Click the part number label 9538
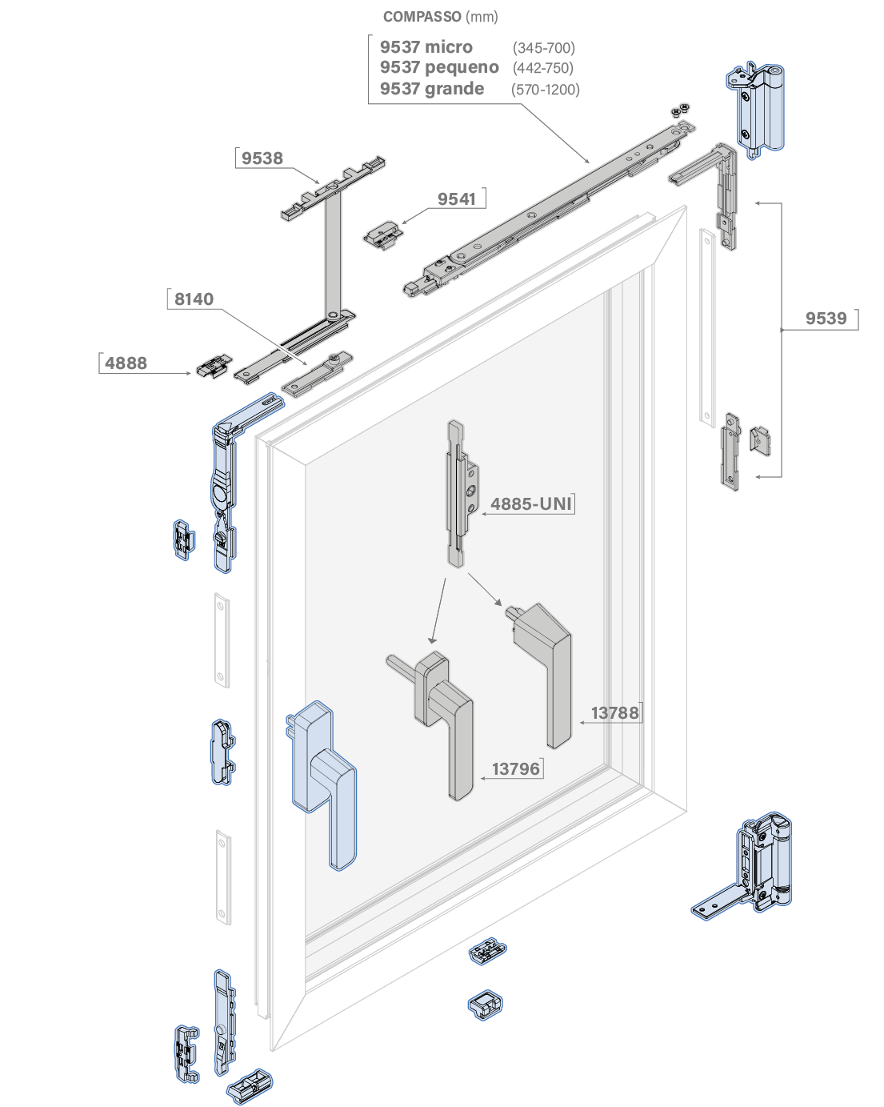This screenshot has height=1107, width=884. [262, 158]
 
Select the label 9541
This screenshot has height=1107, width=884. [457, 199]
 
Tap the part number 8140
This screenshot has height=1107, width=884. [194, 299]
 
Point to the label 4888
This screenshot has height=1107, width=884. [126, 363]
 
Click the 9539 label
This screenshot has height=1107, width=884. [826, 319]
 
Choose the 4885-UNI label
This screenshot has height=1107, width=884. [531, 504]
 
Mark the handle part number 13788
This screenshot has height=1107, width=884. [614, 713]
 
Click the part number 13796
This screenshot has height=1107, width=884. [516, 769]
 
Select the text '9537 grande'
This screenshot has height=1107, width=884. [432, 89]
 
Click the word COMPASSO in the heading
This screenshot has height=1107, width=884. [422, 17]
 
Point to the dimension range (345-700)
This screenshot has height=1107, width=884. [544, 48]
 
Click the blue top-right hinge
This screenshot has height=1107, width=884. [757, 108]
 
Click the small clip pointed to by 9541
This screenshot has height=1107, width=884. [382, 235]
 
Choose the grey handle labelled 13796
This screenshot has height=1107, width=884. [445, 720]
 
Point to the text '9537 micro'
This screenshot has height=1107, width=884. [426, 47]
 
